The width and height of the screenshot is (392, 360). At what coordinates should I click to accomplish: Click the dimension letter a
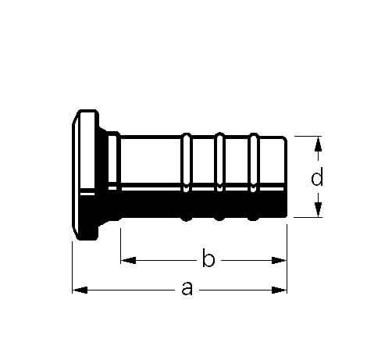click(x=187, y=288)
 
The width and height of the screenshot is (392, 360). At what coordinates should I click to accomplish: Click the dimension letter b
click(x=208, y=258)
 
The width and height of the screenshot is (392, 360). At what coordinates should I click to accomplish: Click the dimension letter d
click(x=317, y=176)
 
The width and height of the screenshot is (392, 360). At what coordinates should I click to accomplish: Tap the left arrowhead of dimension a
click(x=80, y=290)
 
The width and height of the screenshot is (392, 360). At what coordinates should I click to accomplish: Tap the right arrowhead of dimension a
click(x=279, y=290)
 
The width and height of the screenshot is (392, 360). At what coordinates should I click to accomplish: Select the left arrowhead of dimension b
click(x=129, y=260)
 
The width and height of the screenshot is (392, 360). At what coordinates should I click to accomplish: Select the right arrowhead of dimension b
click(x=279, y=260)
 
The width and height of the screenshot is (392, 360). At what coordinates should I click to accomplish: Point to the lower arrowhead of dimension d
click(x=318, y=209)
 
